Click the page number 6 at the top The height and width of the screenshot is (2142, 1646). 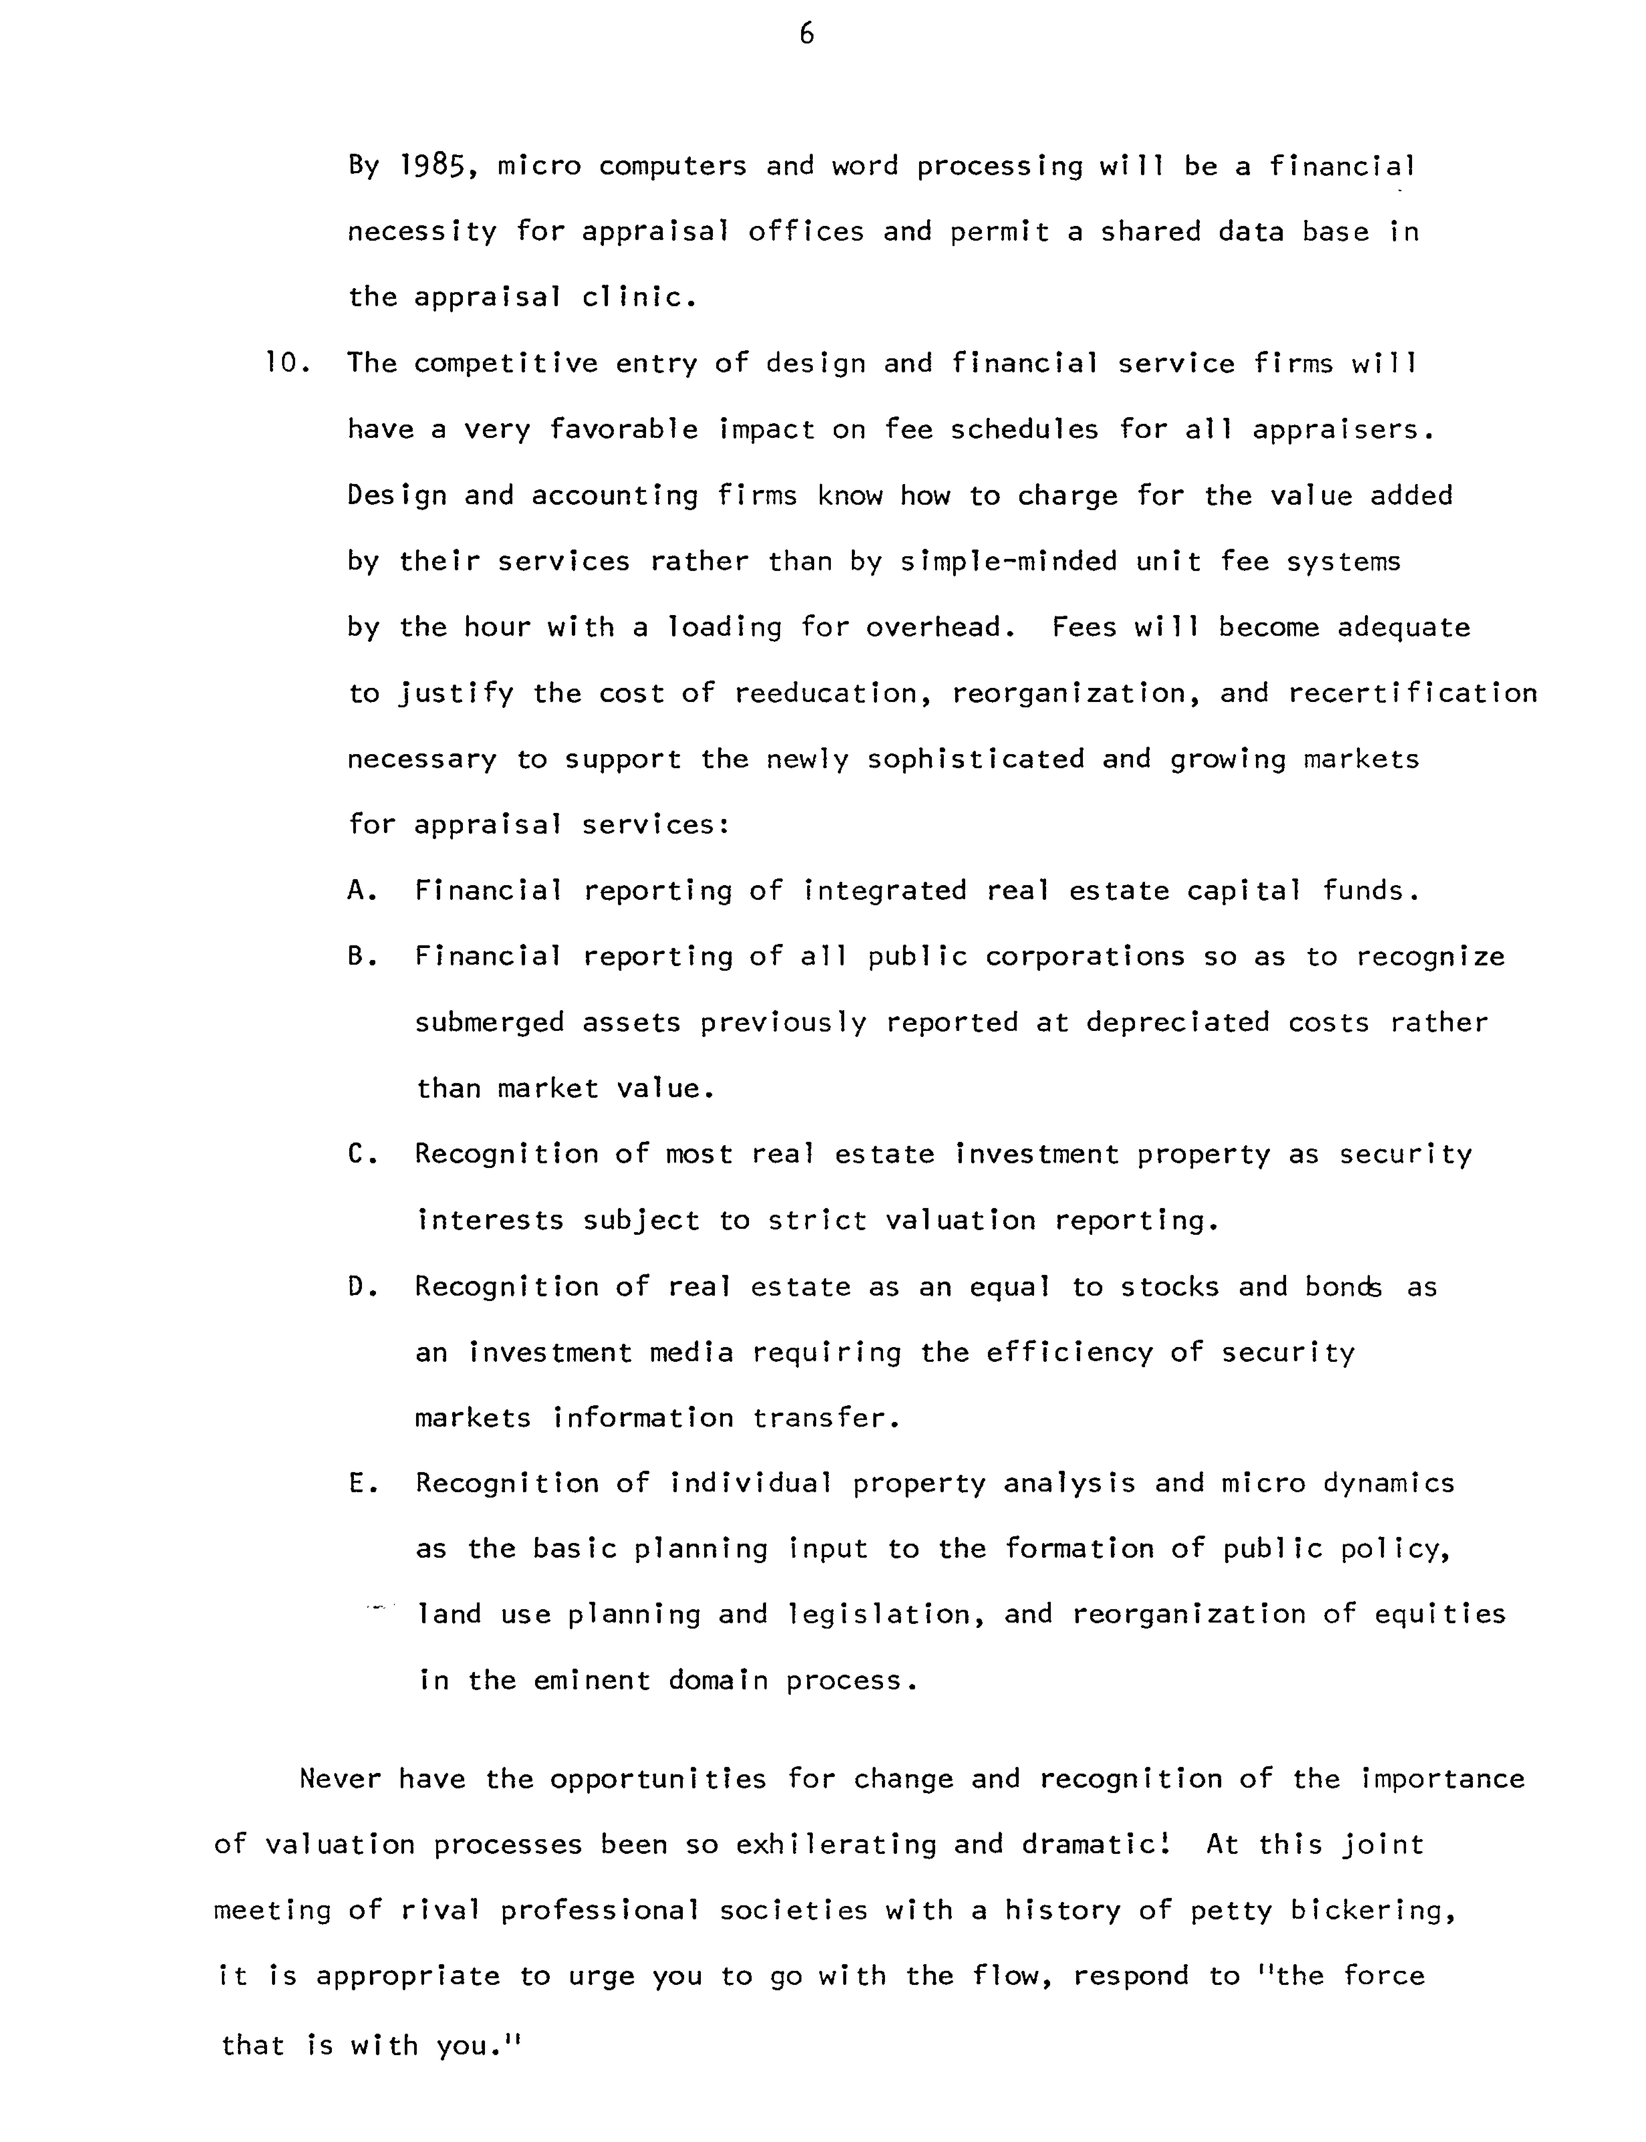coord(806,35)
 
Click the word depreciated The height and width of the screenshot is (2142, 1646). coord(1178,1023)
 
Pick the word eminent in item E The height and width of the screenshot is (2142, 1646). coord(591,1681)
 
